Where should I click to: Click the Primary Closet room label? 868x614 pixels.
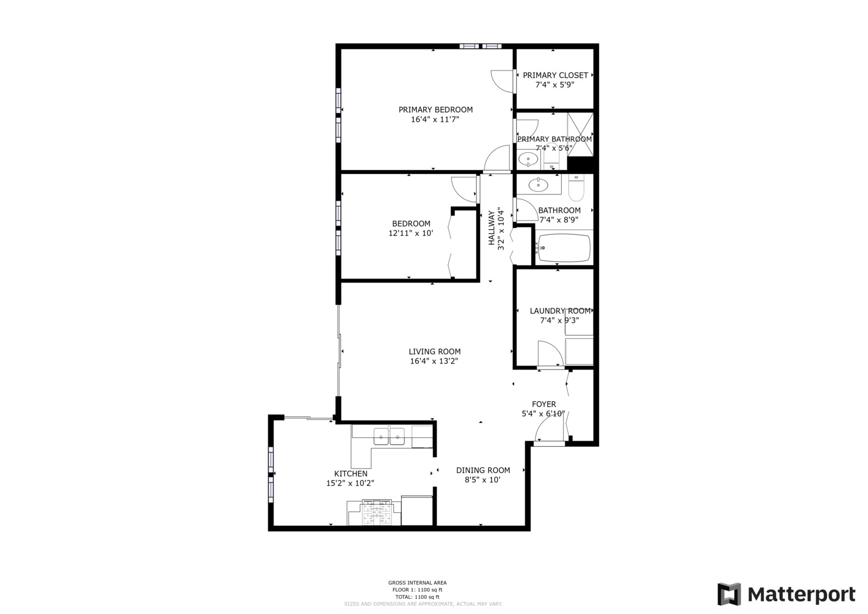(555, 75)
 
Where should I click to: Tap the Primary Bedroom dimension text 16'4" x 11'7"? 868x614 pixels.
(435, 119)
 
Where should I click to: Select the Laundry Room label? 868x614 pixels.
(560, 311)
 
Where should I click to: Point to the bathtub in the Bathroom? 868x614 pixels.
(564, 248)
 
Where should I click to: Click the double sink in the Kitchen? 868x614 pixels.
(389, 437)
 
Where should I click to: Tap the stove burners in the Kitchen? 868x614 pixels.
(376, 513)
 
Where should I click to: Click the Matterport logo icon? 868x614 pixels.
(729, 594)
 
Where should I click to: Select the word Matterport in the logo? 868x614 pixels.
(801, 595)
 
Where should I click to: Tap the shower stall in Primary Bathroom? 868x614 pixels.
(580, 134)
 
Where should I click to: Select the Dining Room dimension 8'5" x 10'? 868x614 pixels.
(483, 480)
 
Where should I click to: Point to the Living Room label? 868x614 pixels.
(434, 351)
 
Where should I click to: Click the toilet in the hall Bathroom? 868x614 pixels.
(576, 188)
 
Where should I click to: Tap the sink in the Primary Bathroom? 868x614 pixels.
(529, 159)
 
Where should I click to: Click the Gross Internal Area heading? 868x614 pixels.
(417, 583)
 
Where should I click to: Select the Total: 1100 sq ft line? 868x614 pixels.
(417, 597)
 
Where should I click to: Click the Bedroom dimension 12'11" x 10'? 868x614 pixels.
(411, 233)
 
